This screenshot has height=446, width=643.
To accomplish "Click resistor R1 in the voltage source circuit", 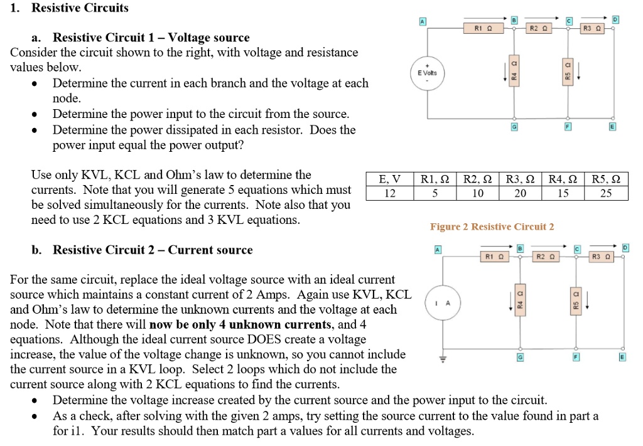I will (480, 28).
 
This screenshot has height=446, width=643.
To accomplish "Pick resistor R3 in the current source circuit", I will (598, 256).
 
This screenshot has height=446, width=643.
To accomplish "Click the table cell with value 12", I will (389, 193).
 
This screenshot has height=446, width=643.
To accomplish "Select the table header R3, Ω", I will (521, 179).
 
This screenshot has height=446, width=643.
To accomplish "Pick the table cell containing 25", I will (606, 193).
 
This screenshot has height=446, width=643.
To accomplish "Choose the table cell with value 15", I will (563, 193).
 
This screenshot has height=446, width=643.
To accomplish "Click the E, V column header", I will (389, 179).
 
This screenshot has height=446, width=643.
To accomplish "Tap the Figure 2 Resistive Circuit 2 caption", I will (492, 226).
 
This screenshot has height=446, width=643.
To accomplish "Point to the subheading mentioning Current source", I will (153, 250).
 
